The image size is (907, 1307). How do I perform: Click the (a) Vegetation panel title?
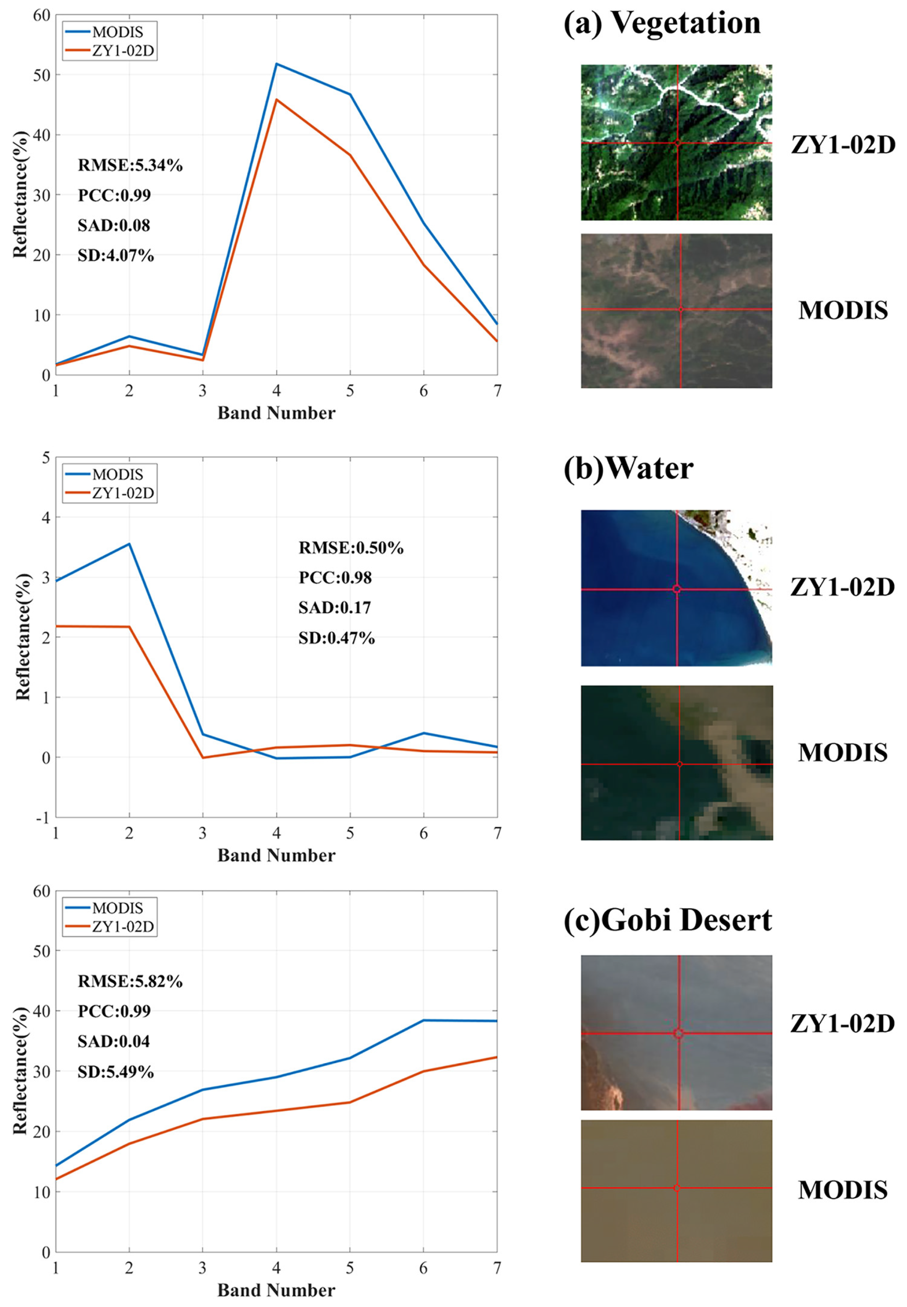coord(662,24)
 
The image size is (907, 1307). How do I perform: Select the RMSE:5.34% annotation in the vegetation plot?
coord(130,165)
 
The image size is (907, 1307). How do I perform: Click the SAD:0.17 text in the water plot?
coord(335,608)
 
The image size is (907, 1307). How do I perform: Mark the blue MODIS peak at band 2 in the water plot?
coord(129,544)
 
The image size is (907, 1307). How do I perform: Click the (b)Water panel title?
coord(628,469)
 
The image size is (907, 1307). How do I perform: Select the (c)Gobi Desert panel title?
coord(667,920)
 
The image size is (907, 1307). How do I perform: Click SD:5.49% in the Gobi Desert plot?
coord(116,1072)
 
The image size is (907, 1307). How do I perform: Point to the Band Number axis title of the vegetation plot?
coord(276,413)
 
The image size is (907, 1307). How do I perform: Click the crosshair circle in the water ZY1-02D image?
coord(676,589)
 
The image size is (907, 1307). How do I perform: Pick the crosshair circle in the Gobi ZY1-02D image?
coord(678,1034)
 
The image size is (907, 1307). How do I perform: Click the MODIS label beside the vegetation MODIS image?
coord(843,310)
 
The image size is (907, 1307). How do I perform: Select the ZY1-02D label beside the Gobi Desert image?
coord(843,1024)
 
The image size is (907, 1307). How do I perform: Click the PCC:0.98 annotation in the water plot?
coord(335,578)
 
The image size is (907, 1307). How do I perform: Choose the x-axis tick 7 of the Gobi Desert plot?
coord(497,1268)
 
